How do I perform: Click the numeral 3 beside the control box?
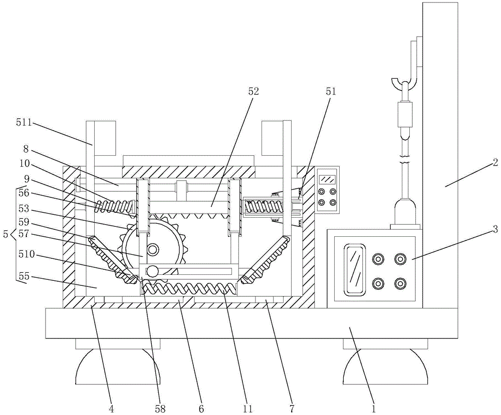tap(494, 229)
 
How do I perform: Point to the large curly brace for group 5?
tap(13, 234)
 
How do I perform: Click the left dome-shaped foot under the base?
tap(118, 368)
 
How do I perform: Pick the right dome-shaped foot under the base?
tap(385, 368)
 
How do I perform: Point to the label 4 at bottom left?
tap(111, 408)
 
